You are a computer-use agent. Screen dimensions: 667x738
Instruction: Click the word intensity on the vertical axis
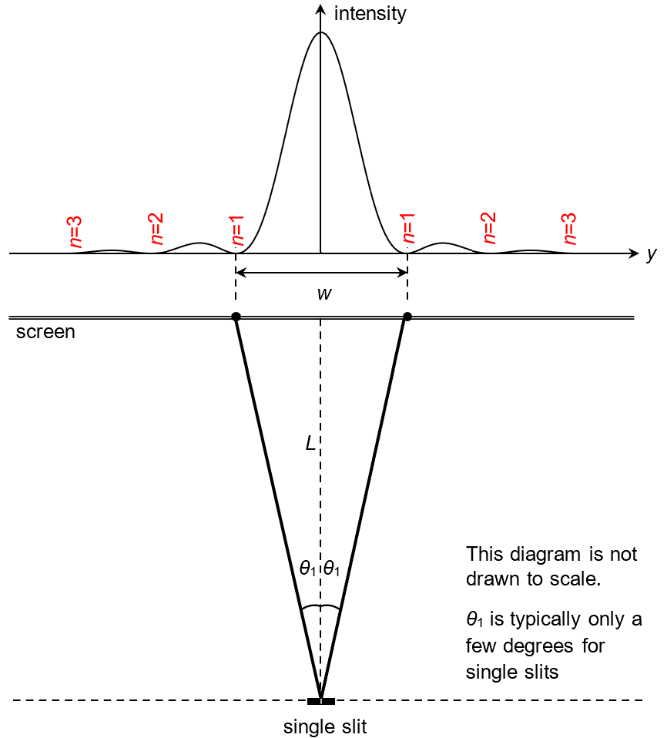pyautogui.click(x=370, y=13)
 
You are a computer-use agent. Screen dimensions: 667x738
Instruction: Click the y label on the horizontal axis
pyautogui.click(x=652, y=255)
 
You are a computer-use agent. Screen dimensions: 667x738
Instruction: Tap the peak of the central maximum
pyautogui.click(x=321, y=32)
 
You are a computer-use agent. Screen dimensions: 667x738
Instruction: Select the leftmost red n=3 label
pyautogui.click(x=75, y=230)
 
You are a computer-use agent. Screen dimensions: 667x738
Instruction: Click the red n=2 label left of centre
pyautogui.click(x=156, y=228)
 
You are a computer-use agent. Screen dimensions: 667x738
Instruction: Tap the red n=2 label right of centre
pyautogui.click(x=488, y=228)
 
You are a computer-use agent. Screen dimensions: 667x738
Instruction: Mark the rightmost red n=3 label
pyautogui.click(x=569, y=228)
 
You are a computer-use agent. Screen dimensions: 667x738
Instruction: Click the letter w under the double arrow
pyautogui.click(x=324, y=294)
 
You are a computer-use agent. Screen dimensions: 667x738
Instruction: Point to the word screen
pyautogui.click(x=46, y=333)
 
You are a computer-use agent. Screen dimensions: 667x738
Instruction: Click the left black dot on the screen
pyautogui.click(x=236, y=317)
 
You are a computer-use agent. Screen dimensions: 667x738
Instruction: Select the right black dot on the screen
pyautogui.click(x=407, y=317)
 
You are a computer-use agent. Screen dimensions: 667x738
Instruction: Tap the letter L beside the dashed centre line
pyautogui.click(x=310, y=444)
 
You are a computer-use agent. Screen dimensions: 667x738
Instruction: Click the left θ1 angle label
pyautogui.click(x=308, y=570)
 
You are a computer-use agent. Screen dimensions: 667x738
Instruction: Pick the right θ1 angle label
pyautogui.click(x=333, y=570)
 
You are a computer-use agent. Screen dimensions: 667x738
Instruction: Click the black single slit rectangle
pyautogui.click(x=321, y=701)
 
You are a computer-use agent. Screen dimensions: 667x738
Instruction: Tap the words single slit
pyautogui.click(x=320, y=726)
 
